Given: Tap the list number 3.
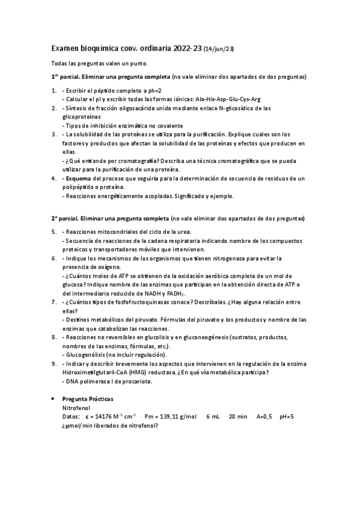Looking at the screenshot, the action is [53, 134].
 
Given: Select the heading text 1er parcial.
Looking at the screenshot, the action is [68, 77].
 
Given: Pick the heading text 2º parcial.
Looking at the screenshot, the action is [67, 217].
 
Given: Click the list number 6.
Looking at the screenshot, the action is [53, 258].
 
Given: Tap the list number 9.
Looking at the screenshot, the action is [53, 364].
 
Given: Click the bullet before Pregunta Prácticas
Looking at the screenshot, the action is [55, 399].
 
